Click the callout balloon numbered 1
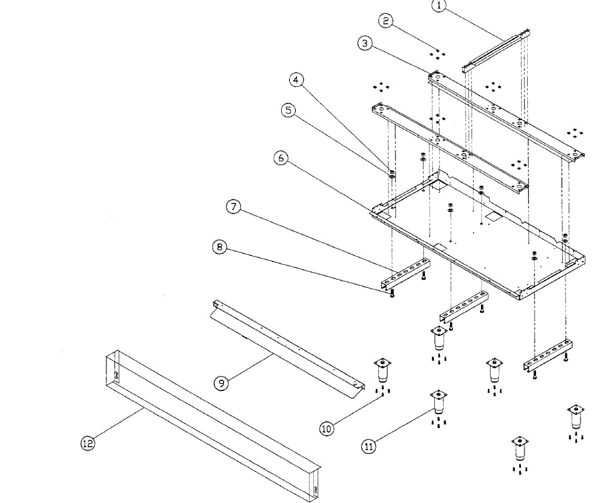[439, 6]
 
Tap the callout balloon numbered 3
[364, 43]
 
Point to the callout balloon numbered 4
[297, 80]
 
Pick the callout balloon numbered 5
[288, 110]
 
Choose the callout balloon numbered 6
[281, 158]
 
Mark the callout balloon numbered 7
[234, 207]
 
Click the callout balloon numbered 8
[220, 247]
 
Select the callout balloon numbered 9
[221, 382]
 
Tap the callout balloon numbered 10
[326, 428]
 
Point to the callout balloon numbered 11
[368, 446]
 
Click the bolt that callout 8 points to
[392, 294]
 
